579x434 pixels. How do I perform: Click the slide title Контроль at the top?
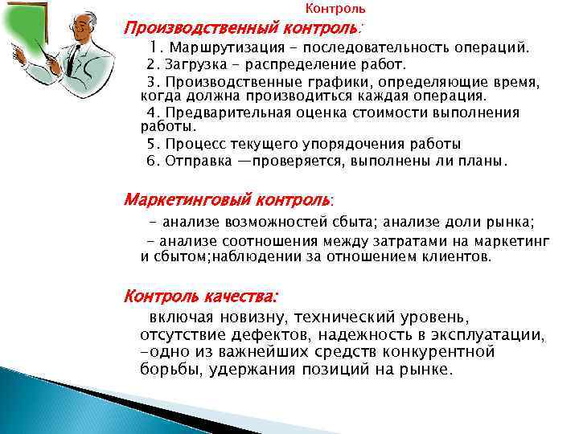[x=335, y=9]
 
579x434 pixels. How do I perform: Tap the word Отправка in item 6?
[x=195, y=161]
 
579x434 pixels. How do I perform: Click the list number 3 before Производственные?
[x=151, y=82]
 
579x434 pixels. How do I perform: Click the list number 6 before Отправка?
[x=151, y=161]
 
